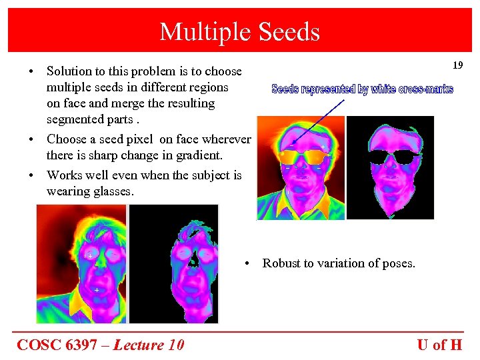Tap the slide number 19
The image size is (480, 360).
coord(457,65)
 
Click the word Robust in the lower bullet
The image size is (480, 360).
coord(281,263)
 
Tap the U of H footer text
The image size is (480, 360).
coord(439,345)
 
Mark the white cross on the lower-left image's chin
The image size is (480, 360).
coord(97,291)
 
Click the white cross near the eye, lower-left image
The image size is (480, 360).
coord(90,256)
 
